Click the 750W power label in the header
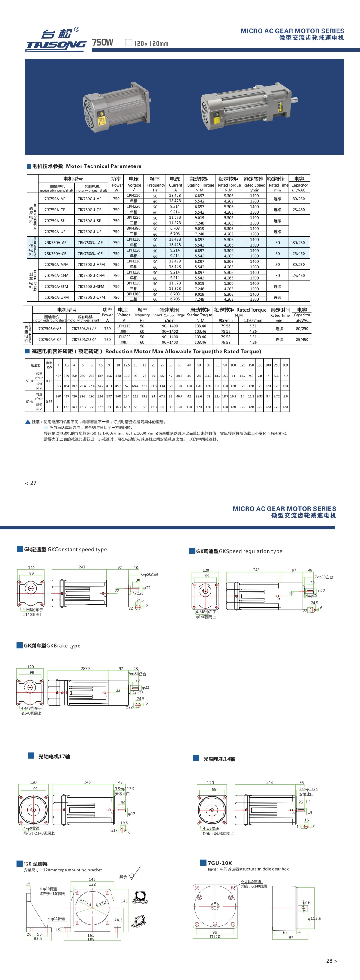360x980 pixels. [103, 42]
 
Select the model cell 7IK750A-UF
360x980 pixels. [55, 231]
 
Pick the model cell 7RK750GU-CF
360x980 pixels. [90, 253]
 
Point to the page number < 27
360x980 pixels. [30, 483]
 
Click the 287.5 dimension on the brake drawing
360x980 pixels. [85, 668]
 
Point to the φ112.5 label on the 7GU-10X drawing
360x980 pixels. [314, 919]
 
